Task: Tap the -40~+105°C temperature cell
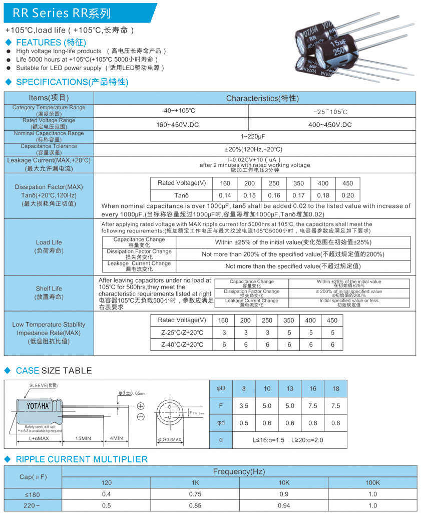pyautogui.click(x=179, y=111)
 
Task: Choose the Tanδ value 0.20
pyautogui.click(x=347, y=196)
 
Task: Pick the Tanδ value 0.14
pyautogui.click(x=225, y=196)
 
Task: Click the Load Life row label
pyautogui.click(x=49, y=246)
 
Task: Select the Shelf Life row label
pyautogui.click(x=49, y=293)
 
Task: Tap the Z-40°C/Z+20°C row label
pyautogui.click(x=182, y=345)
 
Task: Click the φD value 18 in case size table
pyautogui.click(x=335, y=388)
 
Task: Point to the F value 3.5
pyautogui.click(x=244, y=406)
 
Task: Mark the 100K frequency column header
pyautogui.click(x=372, y=482)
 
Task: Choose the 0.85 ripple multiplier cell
pyautogui.click(x=195, y=505)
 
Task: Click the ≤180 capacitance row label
pyautogui.click(x=33, y=494)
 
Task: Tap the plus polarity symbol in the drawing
pyautogui.click(x=141, y=406)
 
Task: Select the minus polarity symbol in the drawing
pyautogui.click(x=141, y=417)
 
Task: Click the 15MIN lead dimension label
pyautogui.click(x=83, y=438)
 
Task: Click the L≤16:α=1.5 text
pyautogui.click(x=268, y=439)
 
